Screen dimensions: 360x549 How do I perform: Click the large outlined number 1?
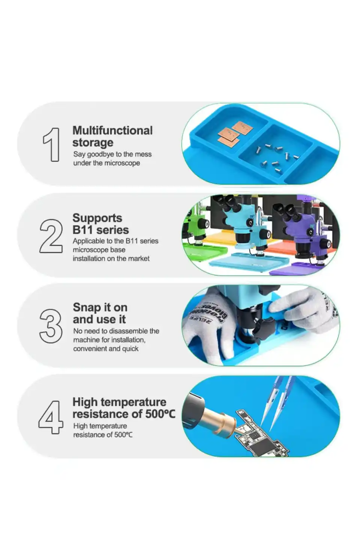coord(52,144)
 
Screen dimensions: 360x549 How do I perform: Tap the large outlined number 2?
coord(51,236)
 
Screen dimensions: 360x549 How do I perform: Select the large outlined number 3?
coord(51,326)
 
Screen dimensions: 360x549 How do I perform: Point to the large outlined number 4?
coord(51,417)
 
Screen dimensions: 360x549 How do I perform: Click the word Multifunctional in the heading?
coord(113,130)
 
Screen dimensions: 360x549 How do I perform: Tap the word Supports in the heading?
coord(97,218)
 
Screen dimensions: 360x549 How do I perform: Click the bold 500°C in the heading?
coord(160,414)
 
